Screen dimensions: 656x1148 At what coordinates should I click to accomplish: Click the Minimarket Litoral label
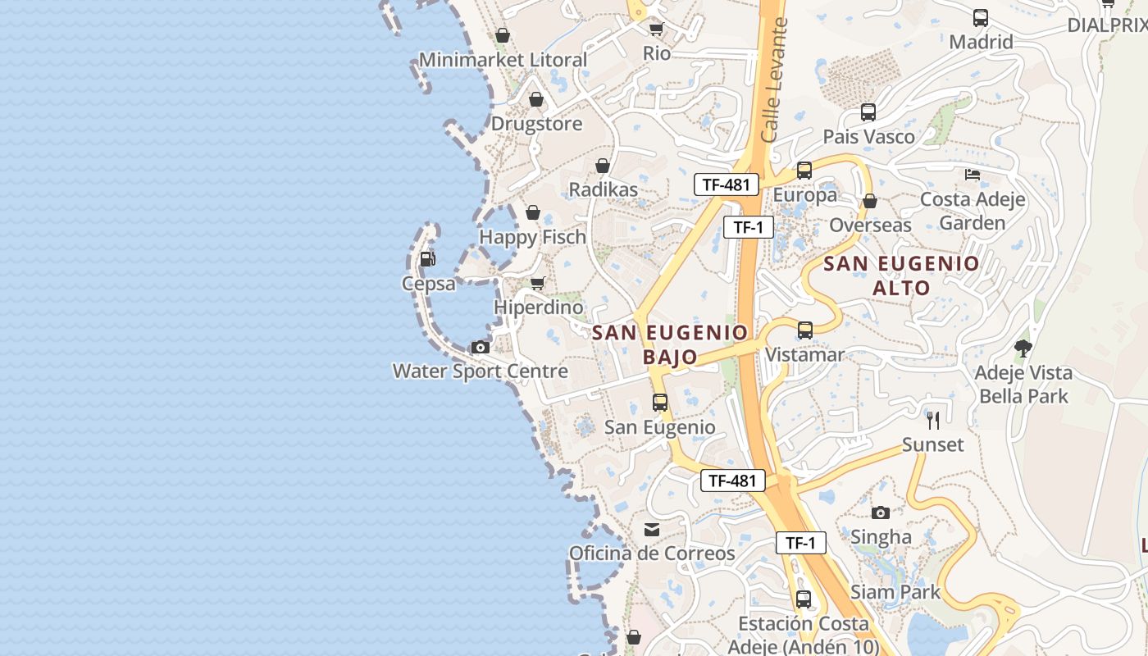(x=503, y=60)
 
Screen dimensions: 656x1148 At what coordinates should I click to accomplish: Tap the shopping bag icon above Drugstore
(x=536, y=100)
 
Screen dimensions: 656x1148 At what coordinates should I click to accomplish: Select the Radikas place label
(x=603, y=189)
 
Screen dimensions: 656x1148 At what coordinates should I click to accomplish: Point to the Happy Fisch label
(x=532, y=237)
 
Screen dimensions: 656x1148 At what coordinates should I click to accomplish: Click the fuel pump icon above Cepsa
(x=427, y=259)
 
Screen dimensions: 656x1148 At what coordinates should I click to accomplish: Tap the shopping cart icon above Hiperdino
(x=538, y=284)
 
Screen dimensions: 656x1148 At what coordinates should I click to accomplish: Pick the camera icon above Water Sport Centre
(x=481, y=348)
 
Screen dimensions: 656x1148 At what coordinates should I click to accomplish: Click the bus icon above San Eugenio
(x=660, y=403)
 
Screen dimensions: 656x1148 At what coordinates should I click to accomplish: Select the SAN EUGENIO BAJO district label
(x=670, y=344)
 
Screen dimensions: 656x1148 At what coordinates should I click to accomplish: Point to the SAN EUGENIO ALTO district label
(x=901, y=276)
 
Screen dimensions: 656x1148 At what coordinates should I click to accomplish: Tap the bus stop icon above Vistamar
(x=805, y=330)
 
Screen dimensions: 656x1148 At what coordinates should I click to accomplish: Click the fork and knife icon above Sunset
(x=933, y=421)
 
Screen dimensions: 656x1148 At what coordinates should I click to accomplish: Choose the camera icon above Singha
(x=881, y=513)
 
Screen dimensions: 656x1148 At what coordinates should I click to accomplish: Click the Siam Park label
(x=895, y=592)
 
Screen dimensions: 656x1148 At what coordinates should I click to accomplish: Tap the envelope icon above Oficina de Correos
(x=652, y=530)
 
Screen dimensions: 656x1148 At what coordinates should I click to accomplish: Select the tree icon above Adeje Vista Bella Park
(x=1023, y=348)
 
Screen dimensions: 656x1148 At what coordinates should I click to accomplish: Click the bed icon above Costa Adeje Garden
(x=973, y=175)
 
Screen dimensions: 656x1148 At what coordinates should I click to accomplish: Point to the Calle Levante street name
(x=773, y=80)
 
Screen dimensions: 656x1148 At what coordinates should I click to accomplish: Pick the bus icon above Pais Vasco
(x=868, y=112)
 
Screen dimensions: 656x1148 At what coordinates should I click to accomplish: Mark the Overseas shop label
(x=870, y=225)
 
